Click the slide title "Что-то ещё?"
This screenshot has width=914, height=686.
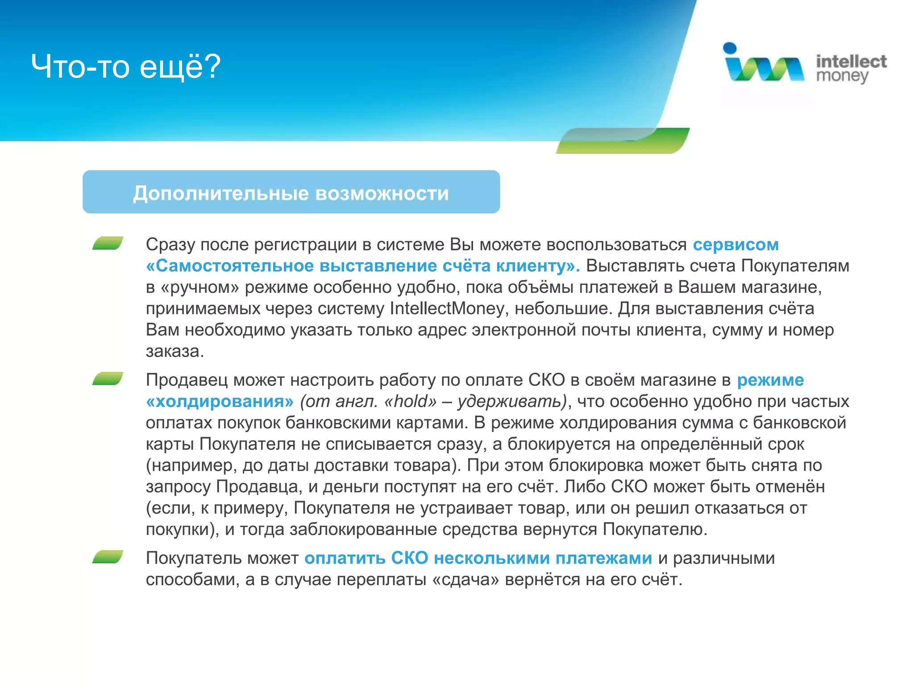coord(126,67)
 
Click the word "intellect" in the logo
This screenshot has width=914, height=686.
coord(851,61)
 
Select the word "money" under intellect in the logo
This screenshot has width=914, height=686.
coord(842,76)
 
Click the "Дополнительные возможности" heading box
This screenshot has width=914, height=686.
coord(291,192)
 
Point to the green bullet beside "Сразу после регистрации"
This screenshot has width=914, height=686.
coord(108,243)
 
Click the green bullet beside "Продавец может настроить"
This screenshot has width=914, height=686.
coord(108,379)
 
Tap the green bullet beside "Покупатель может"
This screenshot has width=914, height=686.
coord(108,557)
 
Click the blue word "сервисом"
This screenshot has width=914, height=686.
coord(735,245)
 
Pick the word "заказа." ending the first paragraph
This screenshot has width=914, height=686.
coord(175,351)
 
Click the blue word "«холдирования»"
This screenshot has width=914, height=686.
coord(220,402)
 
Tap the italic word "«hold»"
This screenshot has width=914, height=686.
coord(410,402)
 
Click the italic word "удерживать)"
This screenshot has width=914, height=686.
coord(512,402)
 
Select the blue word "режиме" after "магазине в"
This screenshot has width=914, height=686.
coord(770,380)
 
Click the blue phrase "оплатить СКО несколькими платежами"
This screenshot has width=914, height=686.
coord(478,558)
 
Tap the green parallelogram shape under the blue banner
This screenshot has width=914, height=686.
coord(623,141)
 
